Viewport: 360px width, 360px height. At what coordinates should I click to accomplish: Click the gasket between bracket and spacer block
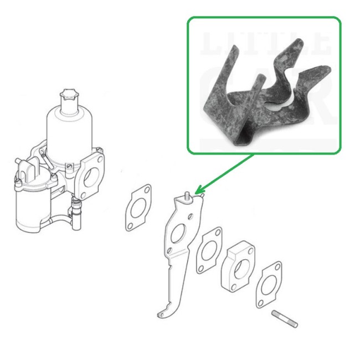(208, 249)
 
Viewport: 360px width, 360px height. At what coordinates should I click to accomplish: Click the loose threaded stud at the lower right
(285, 319)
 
